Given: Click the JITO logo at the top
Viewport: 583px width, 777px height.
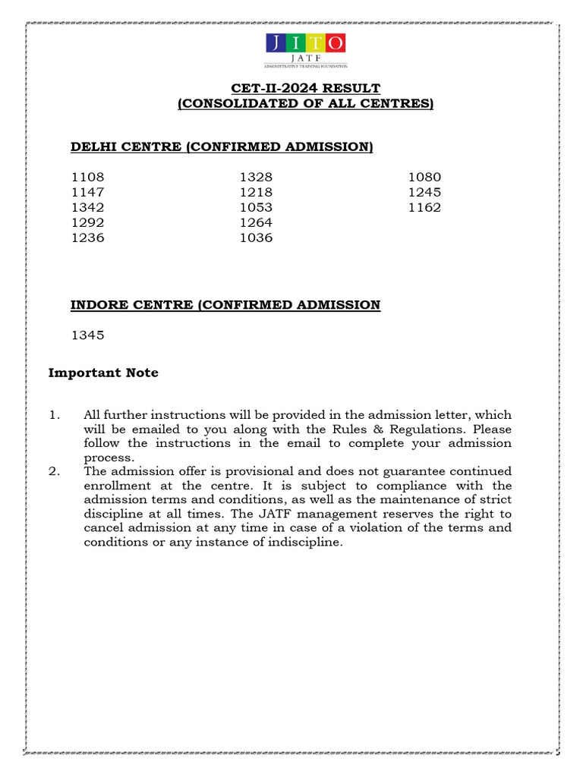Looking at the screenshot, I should point(306,50).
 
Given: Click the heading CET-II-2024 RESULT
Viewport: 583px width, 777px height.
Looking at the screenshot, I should point(305,88).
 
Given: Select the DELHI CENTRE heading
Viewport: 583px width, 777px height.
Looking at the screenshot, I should point(222,146).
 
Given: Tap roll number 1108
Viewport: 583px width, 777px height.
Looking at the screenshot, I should point(88,178).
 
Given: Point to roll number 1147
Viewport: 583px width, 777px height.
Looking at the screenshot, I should point(88,193).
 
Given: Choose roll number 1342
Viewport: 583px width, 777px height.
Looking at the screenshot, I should point(88,208).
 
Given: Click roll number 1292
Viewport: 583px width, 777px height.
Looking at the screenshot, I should point(88,223).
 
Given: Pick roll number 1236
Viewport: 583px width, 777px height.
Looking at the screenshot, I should point(88,238).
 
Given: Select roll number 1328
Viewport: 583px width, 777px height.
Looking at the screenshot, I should point(256,178).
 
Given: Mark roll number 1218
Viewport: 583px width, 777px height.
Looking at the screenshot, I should point(256,193).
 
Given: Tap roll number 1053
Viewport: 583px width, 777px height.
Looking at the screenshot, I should point(256,208).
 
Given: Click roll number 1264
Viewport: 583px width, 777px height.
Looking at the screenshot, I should point(256,223).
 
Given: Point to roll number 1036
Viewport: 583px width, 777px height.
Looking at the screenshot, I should point(256,238).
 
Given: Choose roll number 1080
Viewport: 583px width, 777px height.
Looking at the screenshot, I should point(424,178).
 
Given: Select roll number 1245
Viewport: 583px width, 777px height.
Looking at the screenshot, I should point(424,193).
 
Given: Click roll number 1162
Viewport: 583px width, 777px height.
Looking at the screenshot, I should point(424,208).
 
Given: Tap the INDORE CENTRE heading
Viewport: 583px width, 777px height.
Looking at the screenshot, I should point(225,305).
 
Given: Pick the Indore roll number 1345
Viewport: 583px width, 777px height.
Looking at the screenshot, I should point(88,335).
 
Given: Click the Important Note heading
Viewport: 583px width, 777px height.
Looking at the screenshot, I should point(103,373).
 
